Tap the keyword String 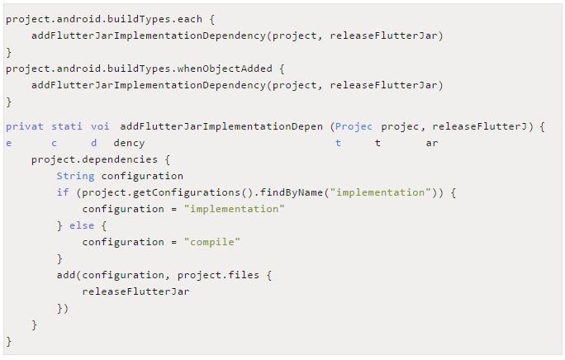pos(76,176)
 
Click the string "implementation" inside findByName pos(380,192)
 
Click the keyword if pos(63,192)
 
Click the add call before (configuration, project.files pos(66,275)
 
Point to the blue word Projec pos(354,126)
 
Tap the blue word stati pos(67,126)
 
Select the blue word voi pos(101,126)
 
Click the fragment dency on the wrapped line pos(129,143)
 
